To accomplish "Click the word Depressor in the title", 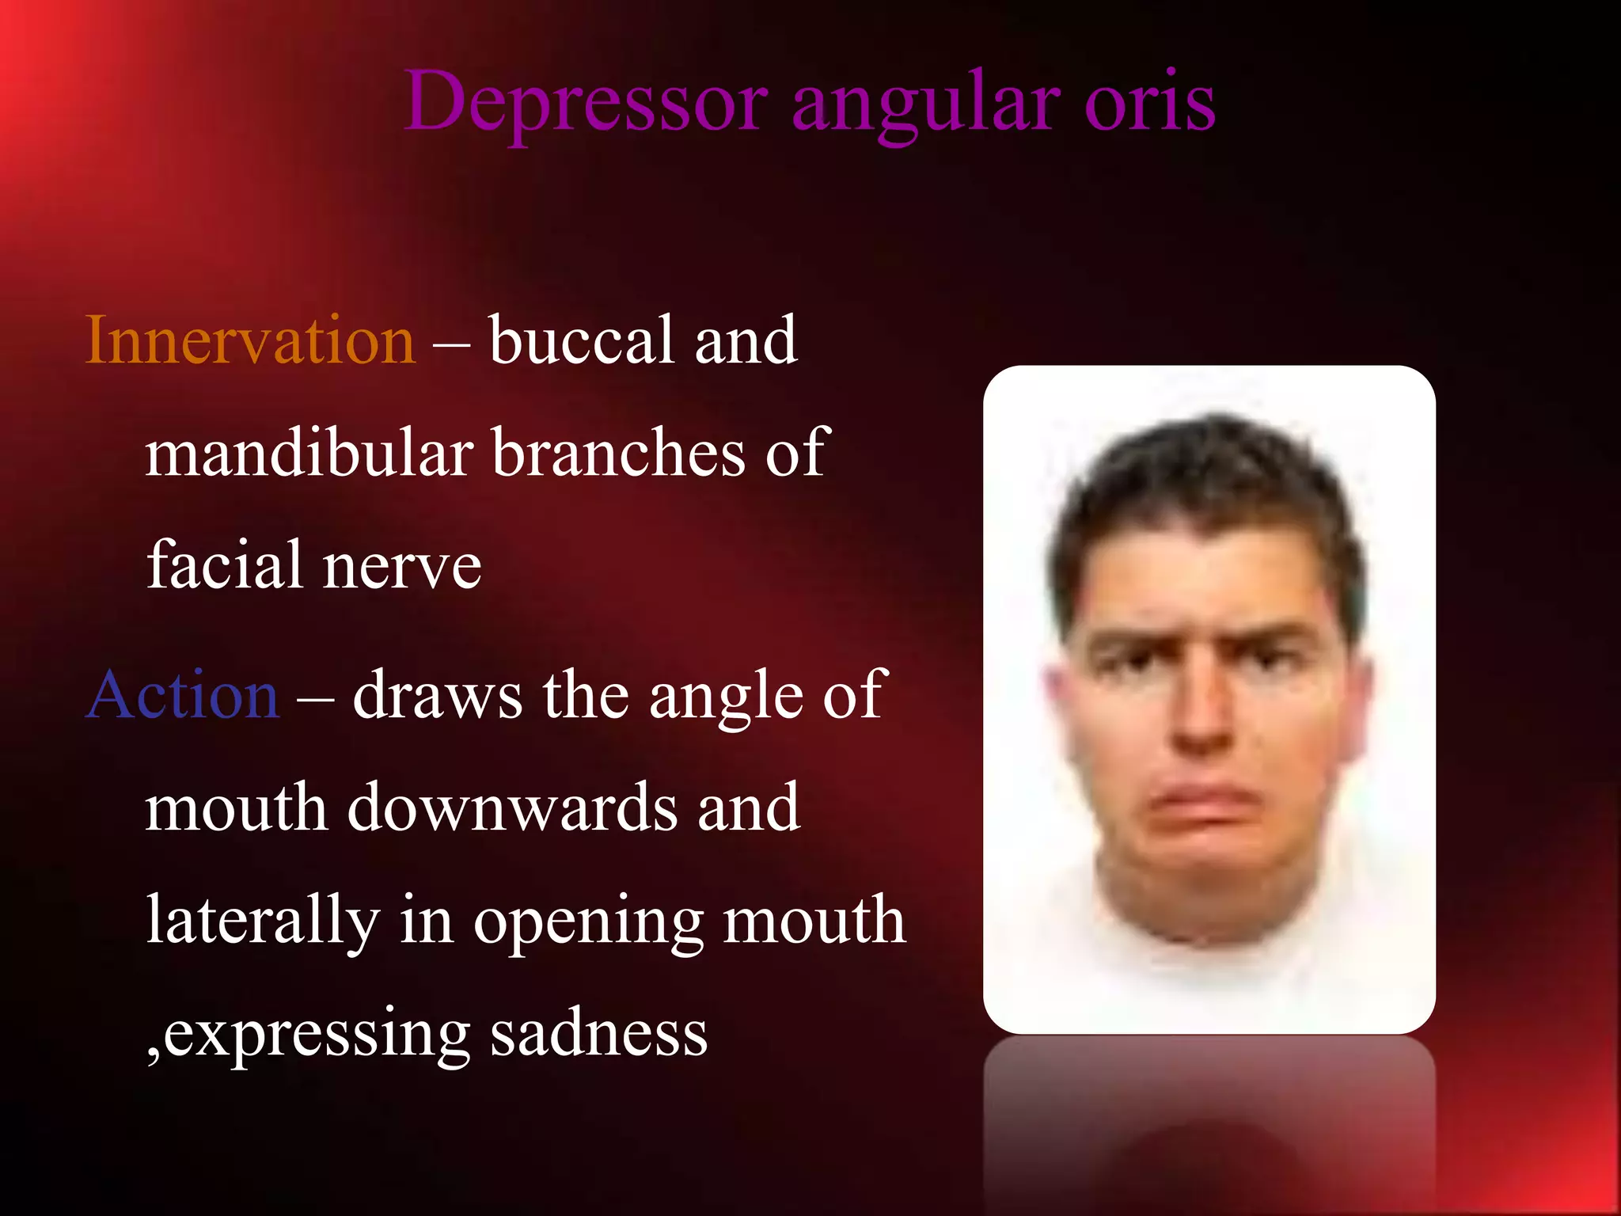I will point(586,103).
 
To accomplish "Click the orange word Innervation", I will point(250,340).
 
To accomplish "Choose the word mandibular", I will point(309,453).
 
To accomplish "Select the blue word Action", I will point(183,695).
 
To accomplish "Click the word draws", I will point(438,695).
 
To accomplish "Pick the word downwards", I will point(513,807).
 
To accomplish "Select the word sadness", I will point(598,1033).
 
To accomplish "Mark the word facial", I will point(226,565).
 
